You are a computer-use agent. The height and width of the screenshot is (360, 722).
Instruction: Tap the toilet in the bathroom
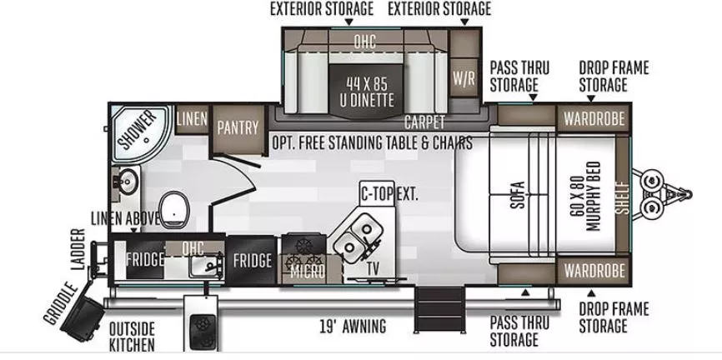point(174,209)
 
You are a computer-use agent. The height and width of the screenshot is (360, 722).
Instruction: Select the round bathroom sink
point(126,182)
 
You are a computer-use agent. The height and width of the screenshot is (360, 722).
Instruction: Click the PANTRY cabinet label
point(238,127)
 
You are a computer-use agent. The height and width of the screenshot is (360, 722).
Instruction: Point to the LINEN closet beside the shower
point(192,119)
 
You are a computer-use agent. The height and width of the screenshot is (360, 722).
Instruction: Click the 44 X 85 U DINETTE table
point(367,92)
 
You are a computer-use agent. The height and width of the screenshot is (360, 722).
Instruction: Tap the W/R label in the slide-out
point(464,78)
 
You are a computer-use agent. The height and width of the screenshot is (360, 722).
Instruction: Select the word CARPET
point(424,122)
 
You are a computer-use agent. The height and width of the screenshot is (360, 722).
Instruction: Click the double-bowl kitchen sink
point(358,238)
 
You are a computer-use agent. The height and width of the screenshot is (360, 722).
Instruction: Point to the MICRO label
point(308,272)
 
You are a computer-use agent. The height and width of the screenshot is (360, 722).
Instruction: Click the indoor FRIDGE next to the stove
point(252,260)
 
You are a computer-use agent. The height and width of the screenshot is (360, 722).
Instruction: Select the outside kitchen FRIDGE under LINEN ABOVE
point(145,258)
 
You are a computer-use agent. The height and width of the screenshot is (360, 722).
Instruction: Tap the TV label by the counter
point(373,270)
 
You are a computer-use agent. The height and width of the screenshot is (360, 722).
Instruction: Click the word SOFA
point(518,195)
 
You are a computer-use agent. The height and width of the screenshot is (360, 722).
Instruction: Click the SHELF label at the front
point(623,198)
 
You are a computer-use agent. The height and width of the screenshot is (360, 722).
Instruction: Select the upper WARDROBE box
point(594,119)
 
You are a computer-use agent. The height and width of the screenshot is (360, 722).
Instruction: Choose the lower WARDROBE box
point(594,270)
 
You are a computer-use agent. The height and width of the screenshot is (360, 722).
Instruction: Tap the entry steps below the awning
point(439,309)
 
